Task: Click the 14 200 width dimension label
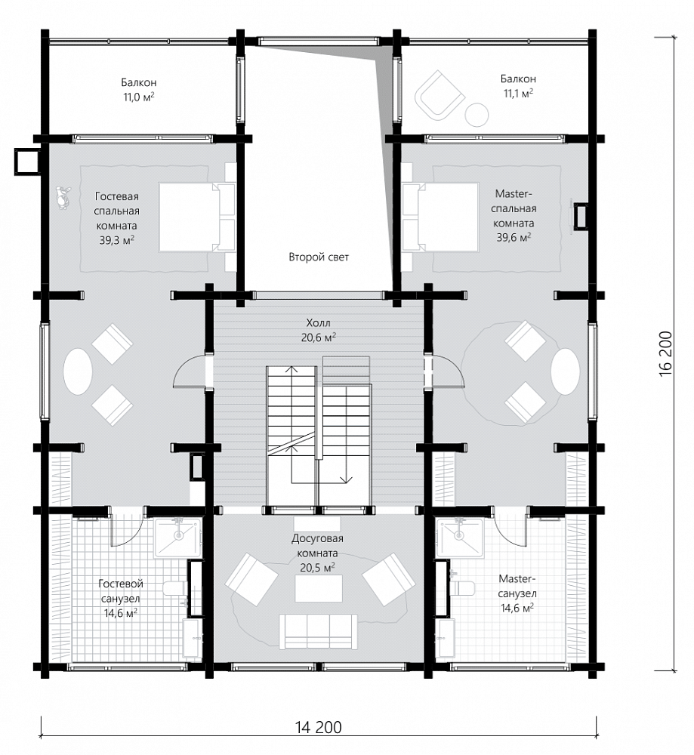click(319, 727)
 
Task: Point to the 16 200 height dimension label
click(665, 354)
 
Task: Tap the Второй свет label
click(319, 257)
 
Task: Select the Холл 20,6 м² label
click(319, 331)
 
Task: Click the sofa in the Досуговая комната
click(319, 632)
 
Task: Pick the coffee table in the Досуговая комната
click(319, 588)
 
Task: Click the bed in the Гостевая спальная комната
click(196, 217)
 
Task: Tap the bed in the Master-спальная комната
click(440, 217)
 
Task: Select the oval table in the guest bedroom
click(78, 371)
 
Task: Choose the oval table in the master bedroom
click(566, 371)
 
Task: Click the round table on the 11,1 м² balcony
click(477, 115)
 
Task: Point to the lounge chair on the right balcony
click(440, 95)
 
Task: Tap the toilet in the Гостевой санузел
click(175, 588)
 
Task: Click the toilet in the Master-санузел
click(462, 588)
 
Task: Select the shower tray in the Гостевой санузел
click(177, 538)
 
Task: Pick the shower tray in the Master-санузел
click(459, 538)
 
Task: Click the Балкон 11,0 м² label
click(139, 90)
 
